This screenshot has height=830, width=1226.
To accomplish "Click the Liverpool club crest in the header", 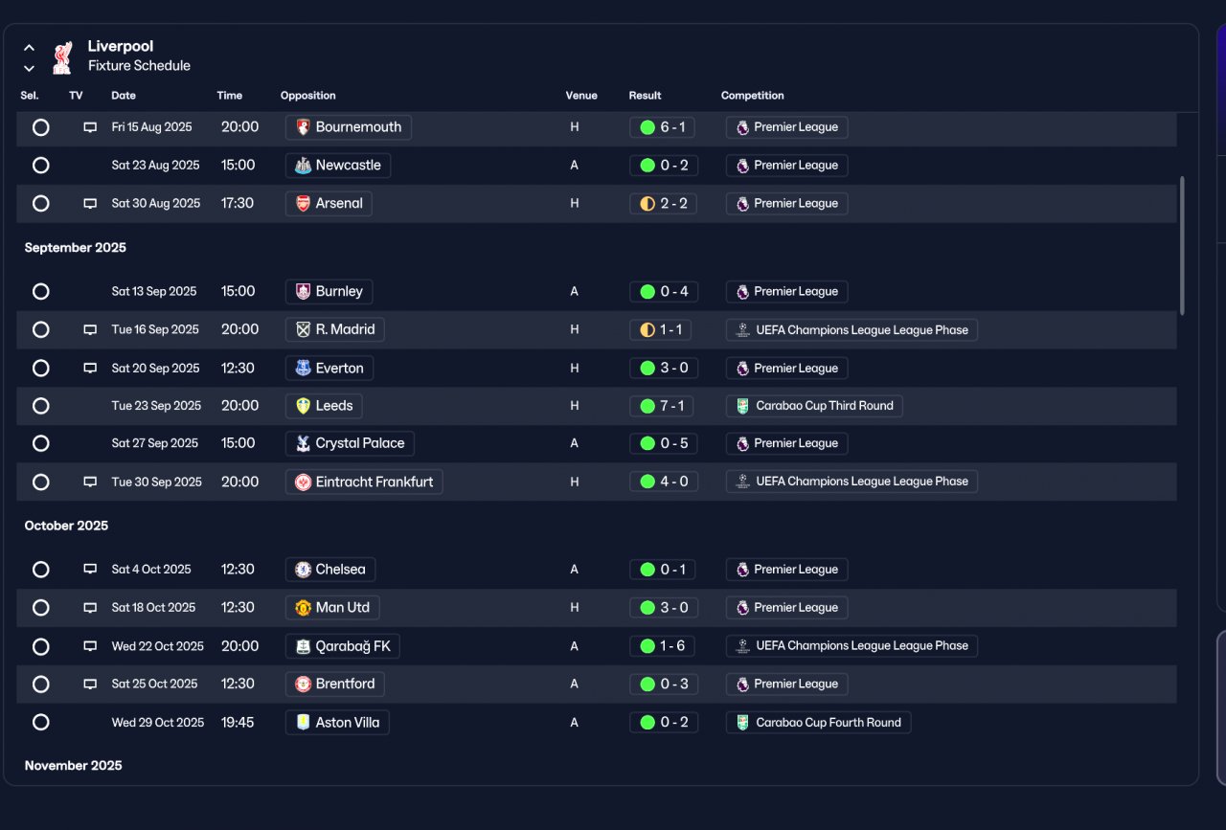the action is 62,57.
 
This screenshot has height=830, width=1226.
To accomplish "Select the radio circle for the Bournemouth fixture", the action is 40,127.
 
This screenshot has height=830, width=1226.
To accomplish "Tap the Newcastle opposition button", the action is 338,166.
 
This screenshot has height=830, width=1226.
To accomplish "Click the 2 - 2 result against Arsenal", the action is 663,204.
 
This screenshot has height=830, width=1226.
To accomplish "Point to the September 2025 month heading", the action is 76,247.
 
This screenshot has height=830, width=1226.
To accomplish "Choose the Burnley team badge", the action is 303,292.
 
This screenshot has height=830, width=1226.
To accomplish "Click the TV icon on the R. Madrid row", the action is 90,329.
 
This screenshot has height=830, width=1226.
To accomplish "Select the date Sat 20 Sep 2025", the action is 155,369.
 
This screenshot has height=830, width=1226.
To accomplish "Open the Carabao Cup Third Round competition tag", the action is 814,406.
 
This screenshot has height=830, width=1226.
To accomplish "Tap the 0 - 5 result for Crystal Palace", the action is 664,443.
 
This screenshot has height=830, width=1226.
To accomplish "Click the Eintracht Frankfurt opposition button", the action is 364,482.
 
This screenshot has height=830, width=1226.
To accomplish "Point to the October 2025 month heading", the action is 66,526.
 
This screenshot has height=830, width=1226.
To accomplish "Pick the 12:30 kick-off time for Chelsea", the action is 238,569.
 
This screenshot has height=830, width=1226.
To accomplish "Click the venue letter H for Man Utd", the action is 574,607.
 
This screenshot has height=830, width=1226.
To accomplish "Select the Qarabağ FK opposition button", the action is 343,646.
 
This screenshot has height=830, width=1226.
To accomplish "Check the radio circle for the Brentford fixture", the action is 40,684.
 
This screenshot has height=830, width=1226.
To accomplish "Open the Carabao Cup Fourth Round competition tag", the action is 818,722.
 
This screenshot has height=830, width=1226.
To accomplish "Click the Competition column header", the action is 752,95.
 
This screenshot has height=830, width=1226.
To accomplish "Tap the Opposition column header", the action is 308,95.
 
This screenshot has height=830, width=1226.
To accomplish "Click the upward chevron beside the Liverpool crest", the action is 29,48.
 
